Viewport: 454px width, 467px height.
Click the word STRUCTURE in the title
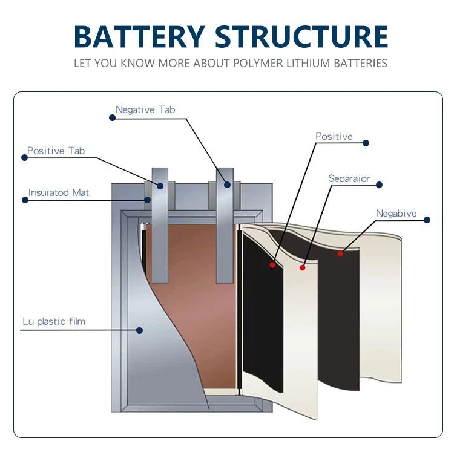coord(301,37)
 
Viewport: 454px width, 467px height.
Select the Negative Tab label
coord(145,110)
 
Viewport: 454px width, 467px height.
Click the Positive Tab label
coord(56,151)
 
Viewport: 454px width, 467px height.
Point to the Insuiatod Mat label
coord(59,192)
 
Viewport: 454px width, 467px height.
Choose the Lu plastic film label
coord(54,321)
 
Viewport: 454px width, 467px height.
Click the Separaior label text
coord(349,178)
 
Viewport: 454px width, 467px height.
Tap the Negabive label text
coord(396,214)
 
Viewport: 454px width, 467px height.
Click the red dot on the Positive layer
coord(272,264)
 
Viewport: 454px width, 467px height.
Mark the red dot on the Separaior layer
coord(303,267)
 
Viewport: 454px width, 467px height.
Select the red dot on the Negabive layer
coord(340,253)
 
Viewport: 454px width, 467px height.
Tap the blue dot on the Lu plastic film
coord(139,330)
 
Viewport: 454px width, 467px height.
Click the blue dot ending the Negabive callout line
coord(427,220)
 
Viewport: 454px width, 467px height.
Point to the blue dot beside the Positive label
coord(366,143)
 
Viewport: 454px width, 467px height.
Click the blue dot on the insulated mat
coord(147,199)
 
